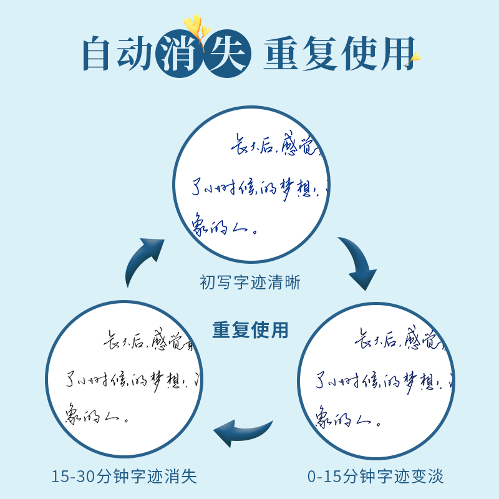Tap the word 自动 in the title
[x=118, y=56]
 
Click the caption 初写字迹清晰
[x=250, y=283]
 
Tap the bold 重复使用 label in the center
[x=250, y=330]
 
